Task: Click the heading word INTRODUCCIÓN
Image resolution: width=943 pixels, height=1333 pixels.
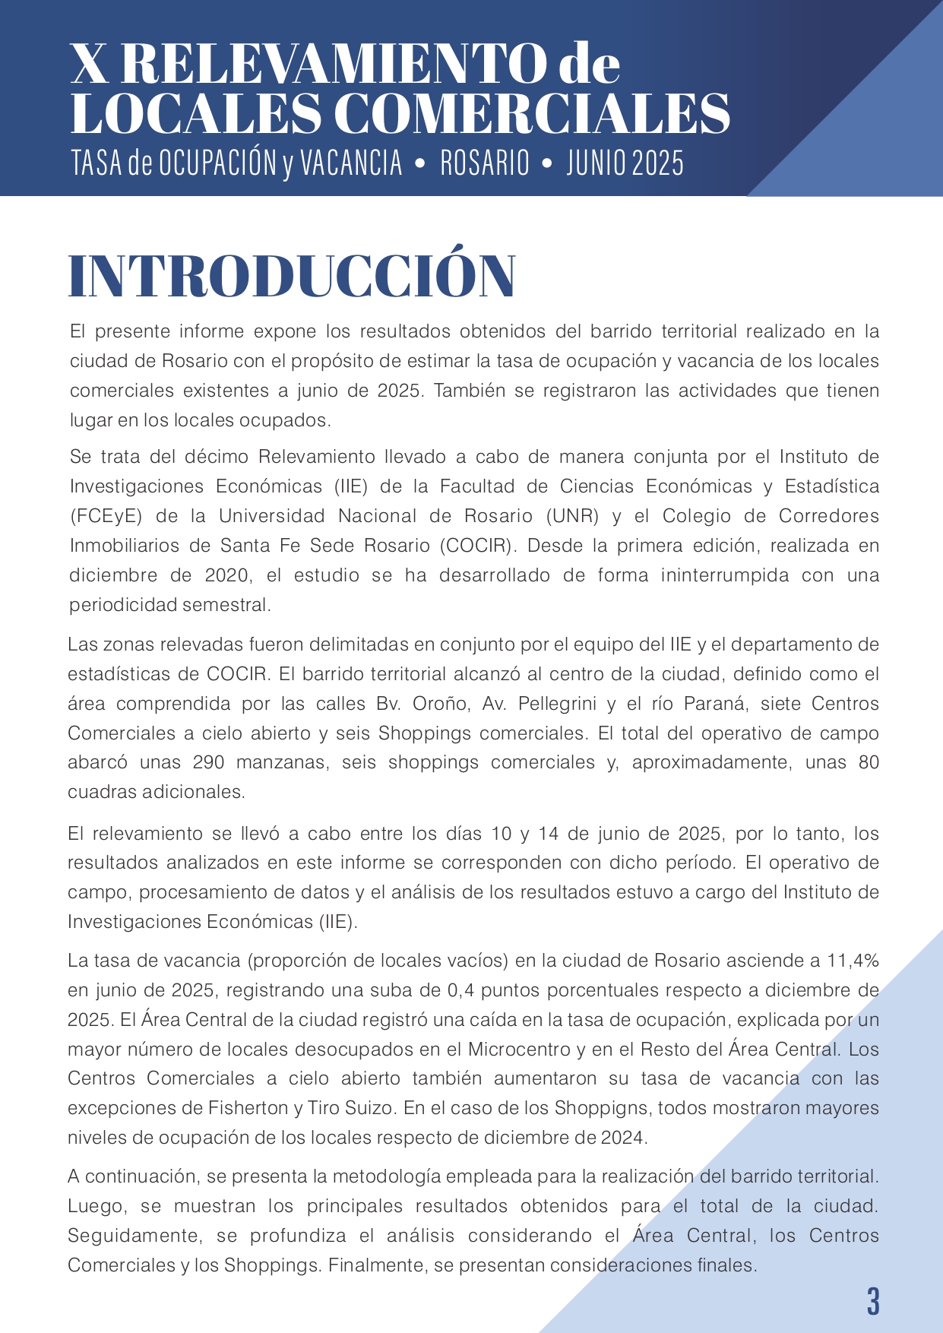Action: tap(293, 275)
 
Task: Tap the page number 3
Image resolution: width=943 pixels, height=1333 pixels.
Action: tap(873, 1302)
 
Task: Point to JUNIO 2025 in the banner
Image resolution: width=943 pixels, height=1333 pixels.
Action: tap(625, 163)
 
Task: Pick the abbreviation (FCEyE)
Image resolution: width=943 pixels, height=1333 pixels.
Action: tap(106, 516)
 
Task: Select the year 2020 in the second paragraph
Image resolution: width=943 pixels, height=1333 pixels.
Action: tap(227, 575)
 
